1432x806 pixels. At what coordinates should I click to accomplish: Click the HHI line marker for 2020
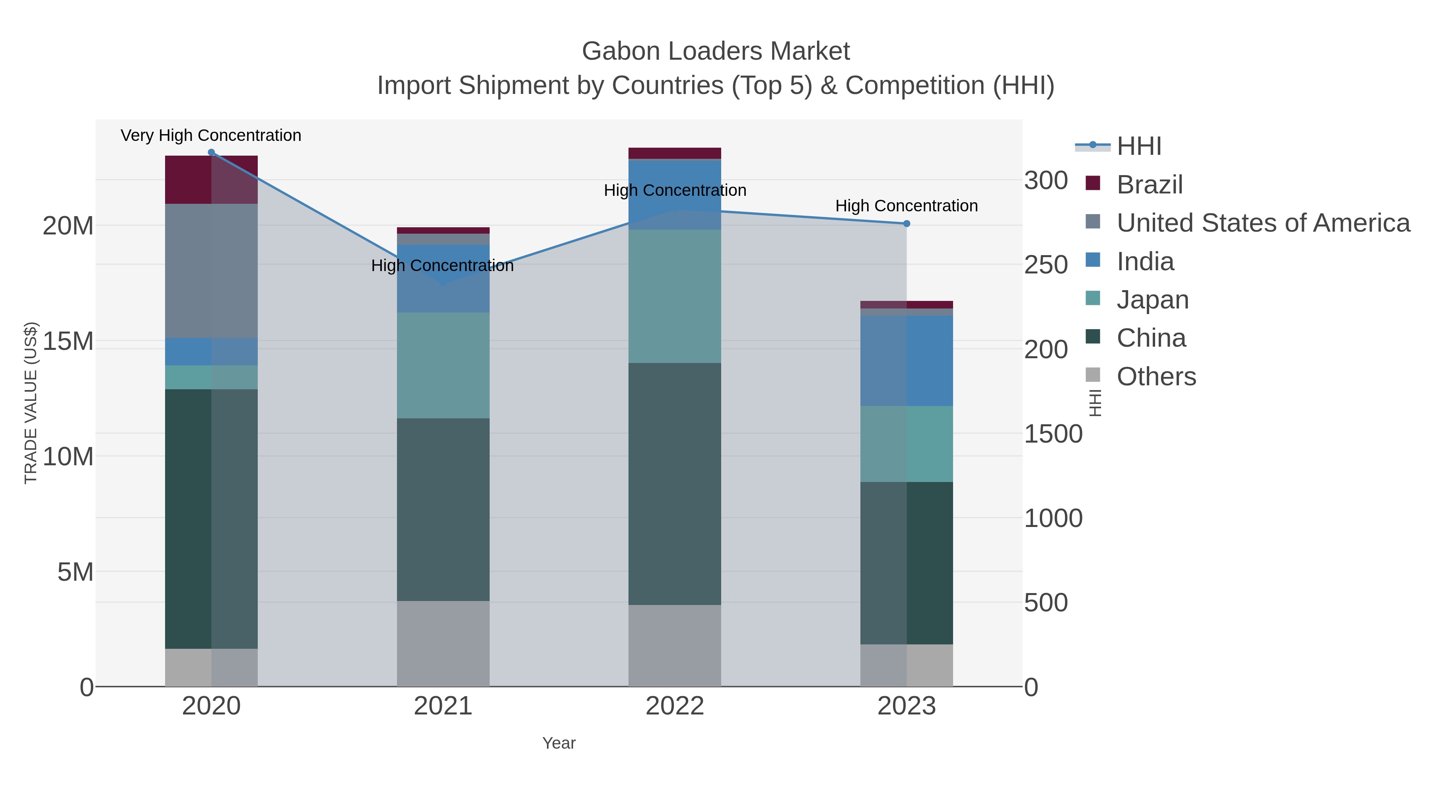coord(211,152)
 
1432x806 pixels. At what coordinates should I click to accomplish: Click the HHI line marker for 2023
coord(906,224)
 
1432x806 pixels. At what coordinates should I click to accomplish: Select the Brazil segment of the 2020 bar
coord(211,180)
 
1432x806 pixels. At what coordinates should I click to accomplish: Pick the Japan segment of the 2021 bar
coord(443,365)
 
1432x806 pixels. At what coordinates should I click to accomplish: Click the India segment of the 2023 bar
coord(906,361)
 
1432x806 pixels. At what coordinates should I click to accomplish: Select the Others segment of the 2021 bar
coord(443,643)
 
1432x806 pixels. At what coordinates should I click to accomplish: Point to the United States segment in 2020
coord(211,271)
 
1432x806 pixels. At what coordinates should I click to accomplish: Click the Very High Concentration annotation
coord(211,135)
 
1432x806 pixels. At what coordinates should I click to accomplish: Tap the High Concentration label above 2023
coord(906,206)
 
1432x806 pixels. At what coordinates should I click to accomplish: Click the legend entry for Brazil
coord(1149,184)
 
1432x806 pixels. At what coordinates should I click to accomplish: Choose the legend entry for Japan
coord(1152,300)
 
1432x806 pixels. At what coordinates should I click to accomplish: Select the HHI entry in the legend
coord(1138,146)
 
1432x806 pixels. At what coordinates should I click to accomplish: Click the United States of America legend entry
coord(1263,222)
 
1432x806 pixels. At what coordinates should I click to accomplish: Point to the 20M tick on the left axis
coord(68,226)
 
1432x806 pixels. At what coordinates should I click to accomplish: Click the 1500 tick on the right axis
coord(1053,434)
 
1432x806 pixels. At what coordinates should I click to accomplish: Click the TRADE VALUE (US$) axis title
coord(31,403)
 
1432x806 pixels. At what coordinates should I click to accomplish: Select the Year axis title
coord(559,743)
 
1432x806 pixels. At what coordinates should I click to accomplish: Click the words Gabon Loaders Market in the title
coord(716,51)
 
